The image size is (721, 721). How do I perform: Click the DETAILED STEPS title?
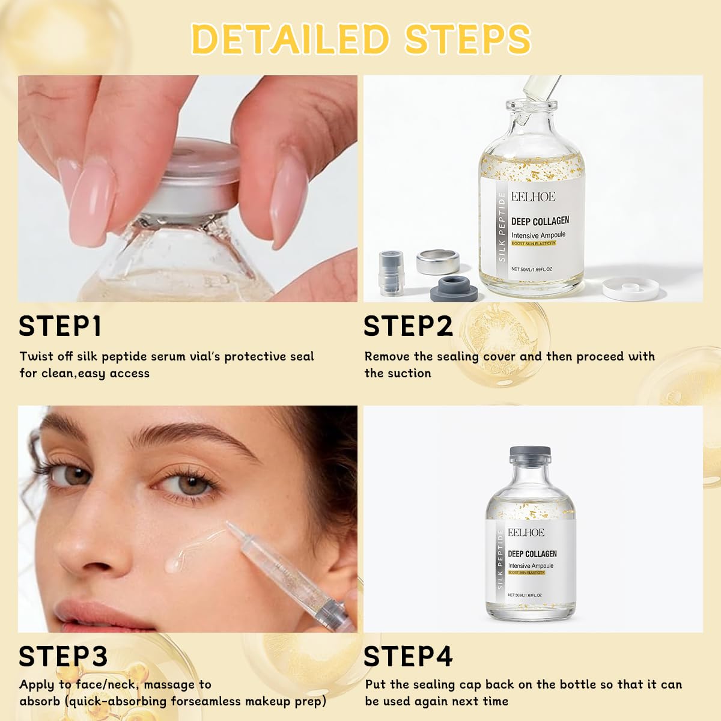pos(360,38)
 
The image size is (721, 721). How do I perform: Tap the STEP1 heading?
pos(60,326)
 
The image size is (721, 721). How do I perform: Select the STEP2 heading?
pos(408,326)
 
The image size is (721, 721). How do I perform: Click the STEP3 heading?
pos(63,656)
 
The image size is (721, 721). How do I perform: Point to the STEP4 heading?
pos(408,656)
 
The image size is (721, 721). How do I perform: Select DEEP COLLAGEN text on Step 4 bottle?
pos(532,553)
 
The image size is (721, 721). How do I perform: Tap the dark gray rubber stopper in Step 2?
pos(454,288)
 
